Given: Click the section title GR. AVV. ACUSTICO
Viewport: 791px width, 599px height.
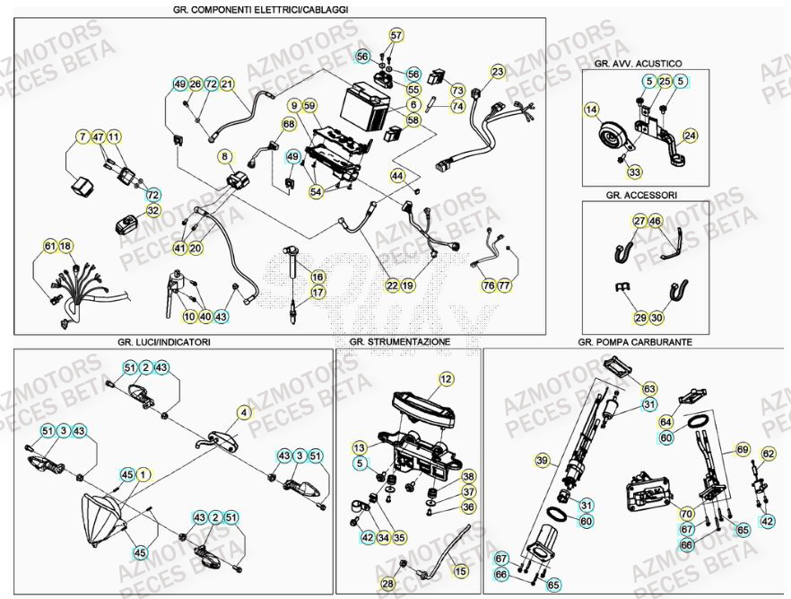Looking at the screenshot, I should point(638,64).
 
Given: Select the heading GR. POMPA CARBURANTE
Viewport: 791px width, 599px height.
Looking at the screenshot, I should point(635,342).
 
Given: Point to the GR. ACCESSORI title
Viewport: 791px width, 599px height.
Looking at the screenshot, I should point(641,194).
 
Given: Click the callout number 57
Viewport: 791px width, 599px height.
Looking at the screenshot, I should point(396,35).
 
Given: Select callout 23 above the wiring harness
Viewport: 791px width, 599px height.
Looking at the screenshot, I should point(498,71).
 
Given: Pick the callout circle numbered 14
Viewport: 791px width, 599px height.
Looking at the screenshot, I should point(591,110).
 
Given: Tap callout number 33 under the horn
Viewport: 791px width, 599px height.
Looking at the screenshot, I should point(634,172).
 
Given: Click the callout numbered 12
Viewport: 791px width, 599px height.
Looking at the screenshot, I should point(447,380).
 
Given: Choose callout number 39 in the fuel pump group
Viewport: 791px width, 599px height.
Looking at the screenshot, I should point(541,461).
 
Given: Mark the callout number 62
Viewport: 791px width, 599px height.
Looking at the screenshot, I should point(768,454).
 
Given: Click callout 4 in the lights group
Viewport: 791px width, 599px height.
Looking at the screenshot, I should point(243,413).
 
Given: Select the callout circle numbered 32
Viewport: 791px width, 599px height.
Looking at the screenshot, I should point(153,210).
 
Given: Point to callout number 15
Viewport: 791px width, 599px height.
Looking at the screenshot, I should point(461,570).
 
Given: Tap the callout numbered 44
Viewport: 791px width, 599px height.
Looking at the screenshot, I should point(397,175).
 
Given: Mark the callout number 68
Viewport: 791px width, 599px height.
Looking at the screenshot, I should point(288,124).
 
